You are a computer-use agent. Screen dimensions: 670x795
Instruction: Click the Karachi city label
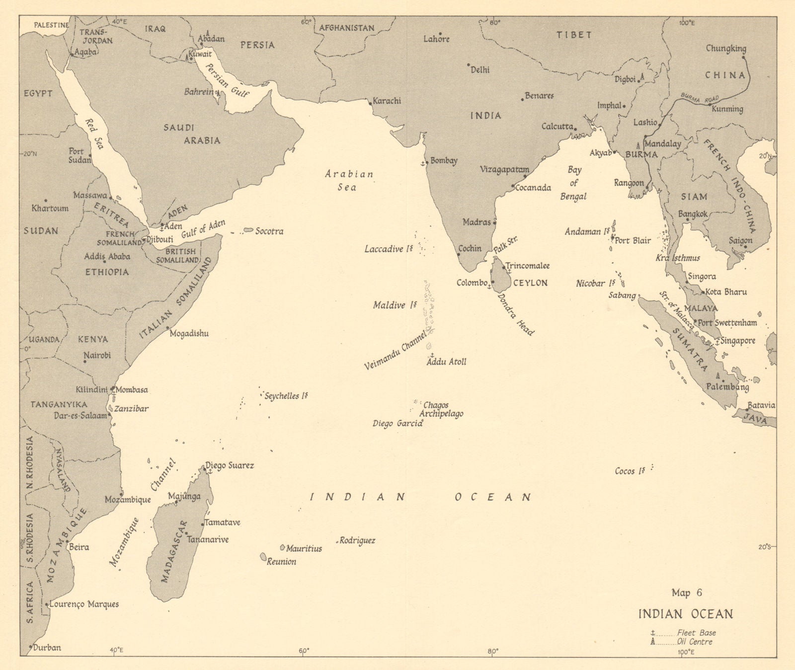click(387, 101)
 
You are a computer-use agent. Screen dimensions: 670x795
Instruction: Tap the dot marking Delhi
click(469, 65)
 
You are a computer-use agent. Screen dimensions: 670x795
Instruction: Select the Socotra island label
click(269, 231)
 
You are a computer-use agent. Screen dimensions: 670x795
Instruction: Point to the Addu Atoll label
click(447, 362)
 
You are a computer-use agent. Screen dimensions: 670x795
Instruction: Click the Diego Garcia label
click(397, 424)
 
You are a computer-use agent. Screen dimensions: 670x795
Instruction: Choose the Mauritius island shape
click(282, 547)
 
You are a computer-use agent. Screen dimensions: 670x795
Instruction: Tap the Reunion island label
click(281, 562)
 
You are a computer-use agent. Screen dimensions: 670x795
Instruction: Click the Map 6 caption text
click(687, 593)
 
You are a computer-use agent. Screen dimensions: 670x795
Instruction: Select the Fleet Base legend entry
click(696, 633)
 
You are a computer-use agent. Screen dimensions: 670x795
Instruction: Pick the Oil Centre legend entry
click(695, 642)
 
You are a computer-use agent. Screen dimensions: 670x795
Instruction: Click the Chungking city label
click(726, 49)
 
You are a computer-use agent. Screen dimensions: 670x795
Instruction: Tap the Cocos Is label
click(630, 471)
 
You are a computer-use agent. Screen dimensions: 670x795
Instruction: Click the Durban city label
click(48, 648)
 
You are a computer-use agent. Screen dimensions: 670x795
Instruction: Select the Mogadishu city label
click(189, 334)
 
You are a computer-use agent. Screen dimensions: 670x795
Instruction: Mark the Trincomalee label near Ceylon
click(527, 266)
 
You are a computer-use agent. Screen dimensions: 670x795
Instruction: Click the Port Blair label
click(633, 241)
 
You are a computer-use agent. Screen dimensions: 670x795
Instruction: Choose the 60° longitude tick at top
click(305, 22)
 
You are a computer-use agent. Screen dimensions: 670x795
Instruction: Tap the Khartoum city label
click(50, 209)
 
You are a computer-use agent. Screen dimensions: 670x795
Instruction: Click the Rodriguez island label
click(357, 540)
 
